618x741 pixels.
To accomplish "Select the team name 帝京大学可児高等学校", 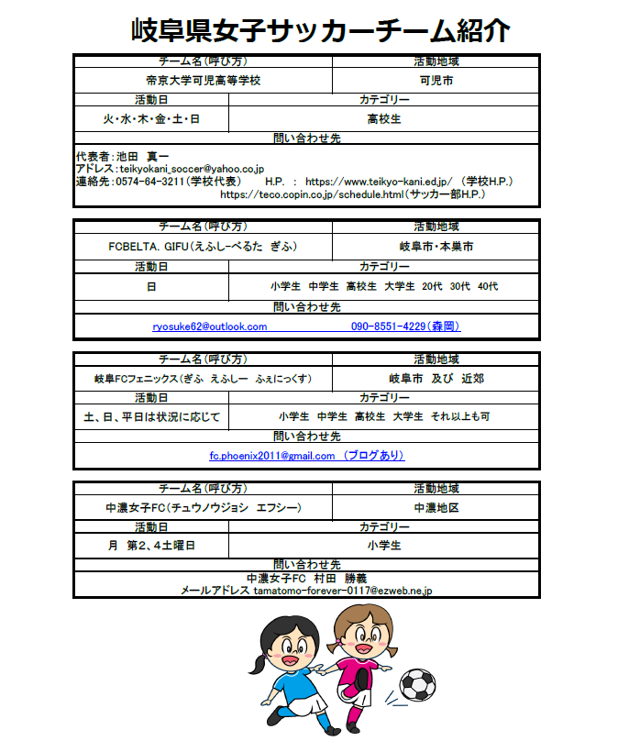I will coord(203,81).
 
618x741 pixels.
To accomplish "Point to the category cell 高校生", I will coord(383,119).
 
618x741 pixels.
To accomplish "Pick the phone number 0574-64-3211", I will coord(150,182).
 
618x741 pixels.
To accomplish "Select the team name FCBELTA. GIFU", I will coord(203,248).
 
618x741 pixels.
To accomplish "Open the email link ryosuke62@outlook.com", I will coord(210,326).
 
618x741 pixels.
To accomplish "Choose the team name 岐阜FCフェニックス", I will coord(203,378).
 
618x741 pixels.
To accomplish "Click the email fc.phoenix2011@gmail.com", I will coord(272,456).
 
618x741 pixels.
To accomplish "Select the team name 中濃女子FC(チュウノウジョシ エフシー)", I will coord(203,507).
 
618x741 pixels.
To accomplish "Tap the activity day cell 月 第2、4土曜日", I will coord(151,546).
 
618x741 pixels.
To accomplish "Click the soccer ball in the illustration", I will coord(418,683).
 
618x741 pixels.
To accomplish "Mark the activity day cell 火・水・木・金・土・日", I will coord(151,119).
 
